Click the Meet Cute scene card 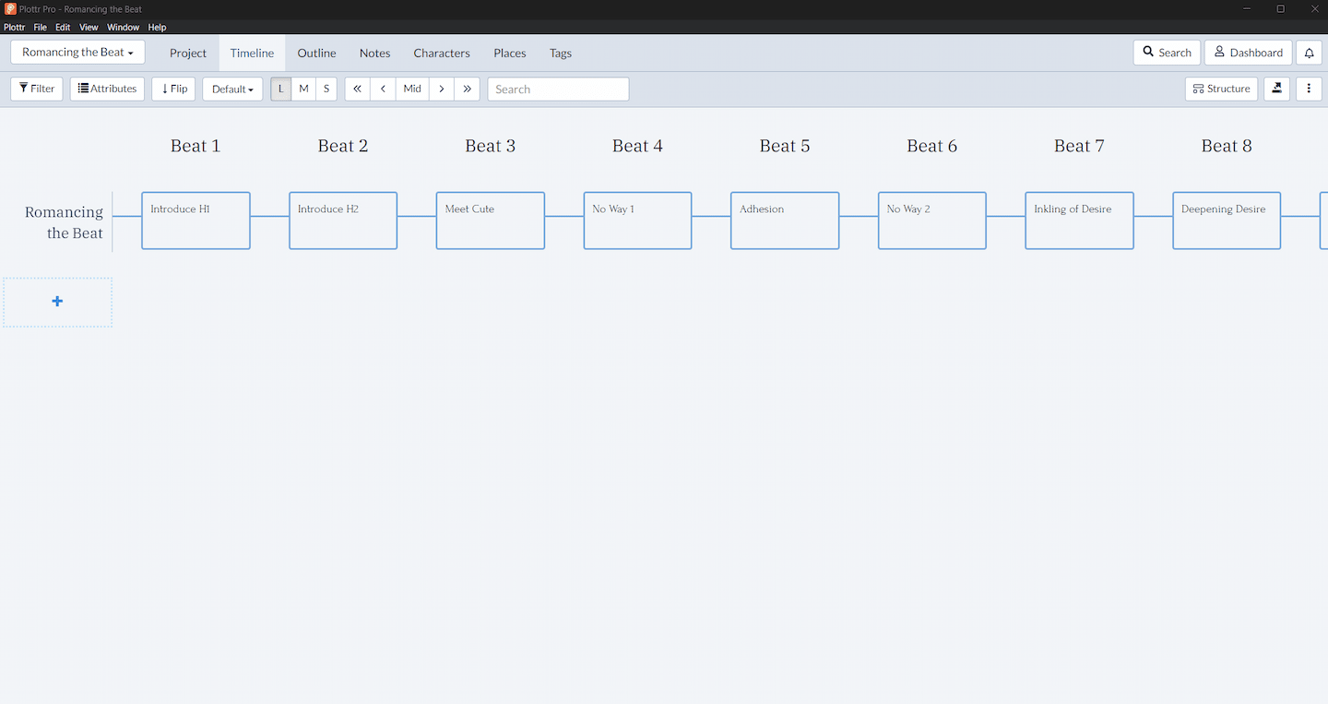[x=491, y=221]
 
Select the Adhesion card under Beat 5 [x=785, y=221]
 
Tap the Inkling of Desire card [x=1079, y=221]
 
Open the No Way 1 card [x=637, y=221]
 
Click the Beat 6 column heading [x=932, y=146]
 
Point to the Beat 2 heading [x=343, y=146]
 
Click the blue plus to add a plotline [x=57, y=302]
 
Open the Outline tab [x=316, y=53]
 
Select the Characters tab [x=442, y=53]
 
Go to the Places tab [x=510, y=53]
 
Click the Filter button [x=37, y=89]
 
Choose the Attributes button [x=107, y=89]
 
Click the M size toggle [x=303, y=89]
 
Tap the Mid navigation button [x=412, y=89]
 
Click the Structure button [x=1221, y=89]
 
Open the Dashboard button [x=1248, y=53]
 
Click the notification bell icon [x=1309, y=53]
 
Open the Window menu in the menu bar [x=123, y=28]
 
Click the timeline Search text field [x=558, y=89]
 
